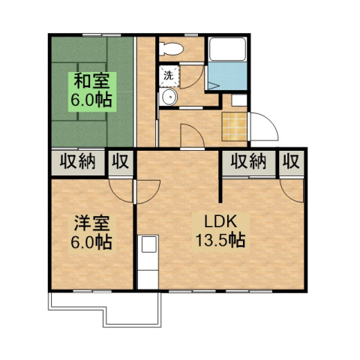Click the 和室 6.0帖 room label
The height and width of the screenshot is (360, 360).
(92, 91)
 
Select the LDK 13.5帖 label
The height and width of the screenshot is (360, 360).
(220, 231)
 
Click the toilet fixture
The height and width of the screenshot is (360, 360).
(171, 48)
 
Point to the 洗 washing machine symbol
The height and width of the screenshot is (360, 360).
(169, 76)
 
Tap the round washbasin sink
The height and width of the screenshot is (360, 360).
(169, 97)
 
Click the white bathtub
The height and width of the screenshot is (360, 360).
(227, 49)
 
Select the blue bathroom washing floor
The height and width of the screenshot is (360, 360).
(227, 76)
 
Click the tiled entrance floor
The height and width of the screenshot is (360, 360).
(235, 127)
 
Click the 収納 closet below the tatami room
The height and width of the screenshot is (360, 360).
(77, 163)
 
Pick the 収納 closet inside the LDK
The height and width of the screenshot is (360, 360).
(248, 163)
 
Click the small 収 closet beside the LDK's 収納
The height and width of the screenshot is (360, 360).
(292, 163)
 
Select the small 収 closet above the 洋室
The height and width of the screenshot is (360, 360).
(121, 163)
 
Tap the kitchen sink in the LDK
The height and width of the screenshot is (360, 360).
(149, 244)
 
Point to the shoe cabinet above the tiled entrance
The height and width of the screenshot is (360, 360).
(239, 100)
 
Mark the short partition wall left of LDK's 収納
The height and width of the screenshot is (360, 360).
(220, 189)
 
